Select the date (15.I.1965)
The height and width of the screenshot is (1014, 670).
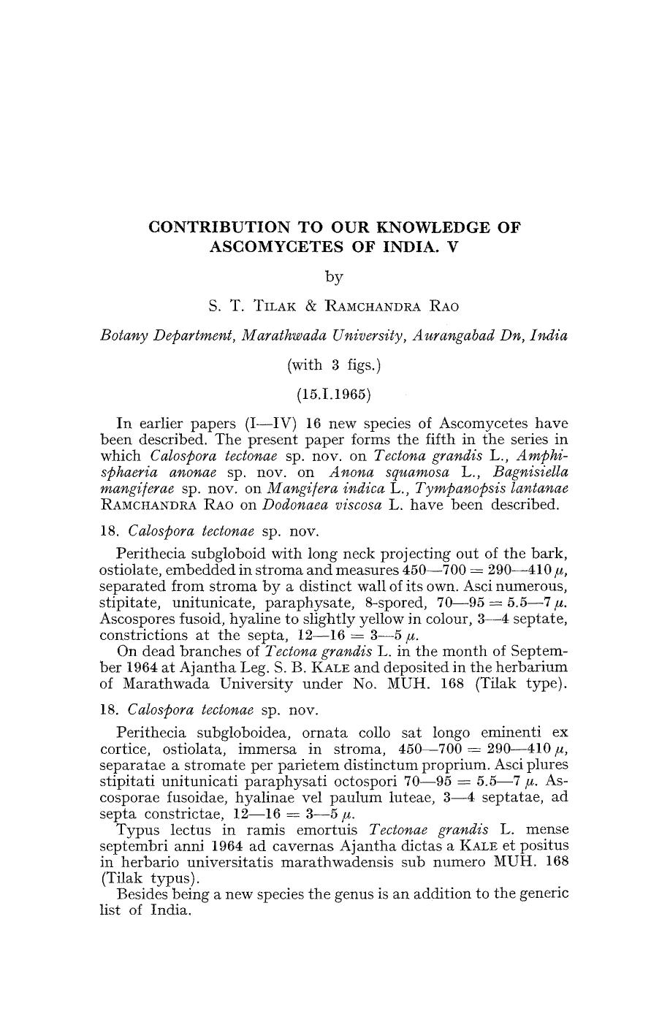(334, 395)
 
